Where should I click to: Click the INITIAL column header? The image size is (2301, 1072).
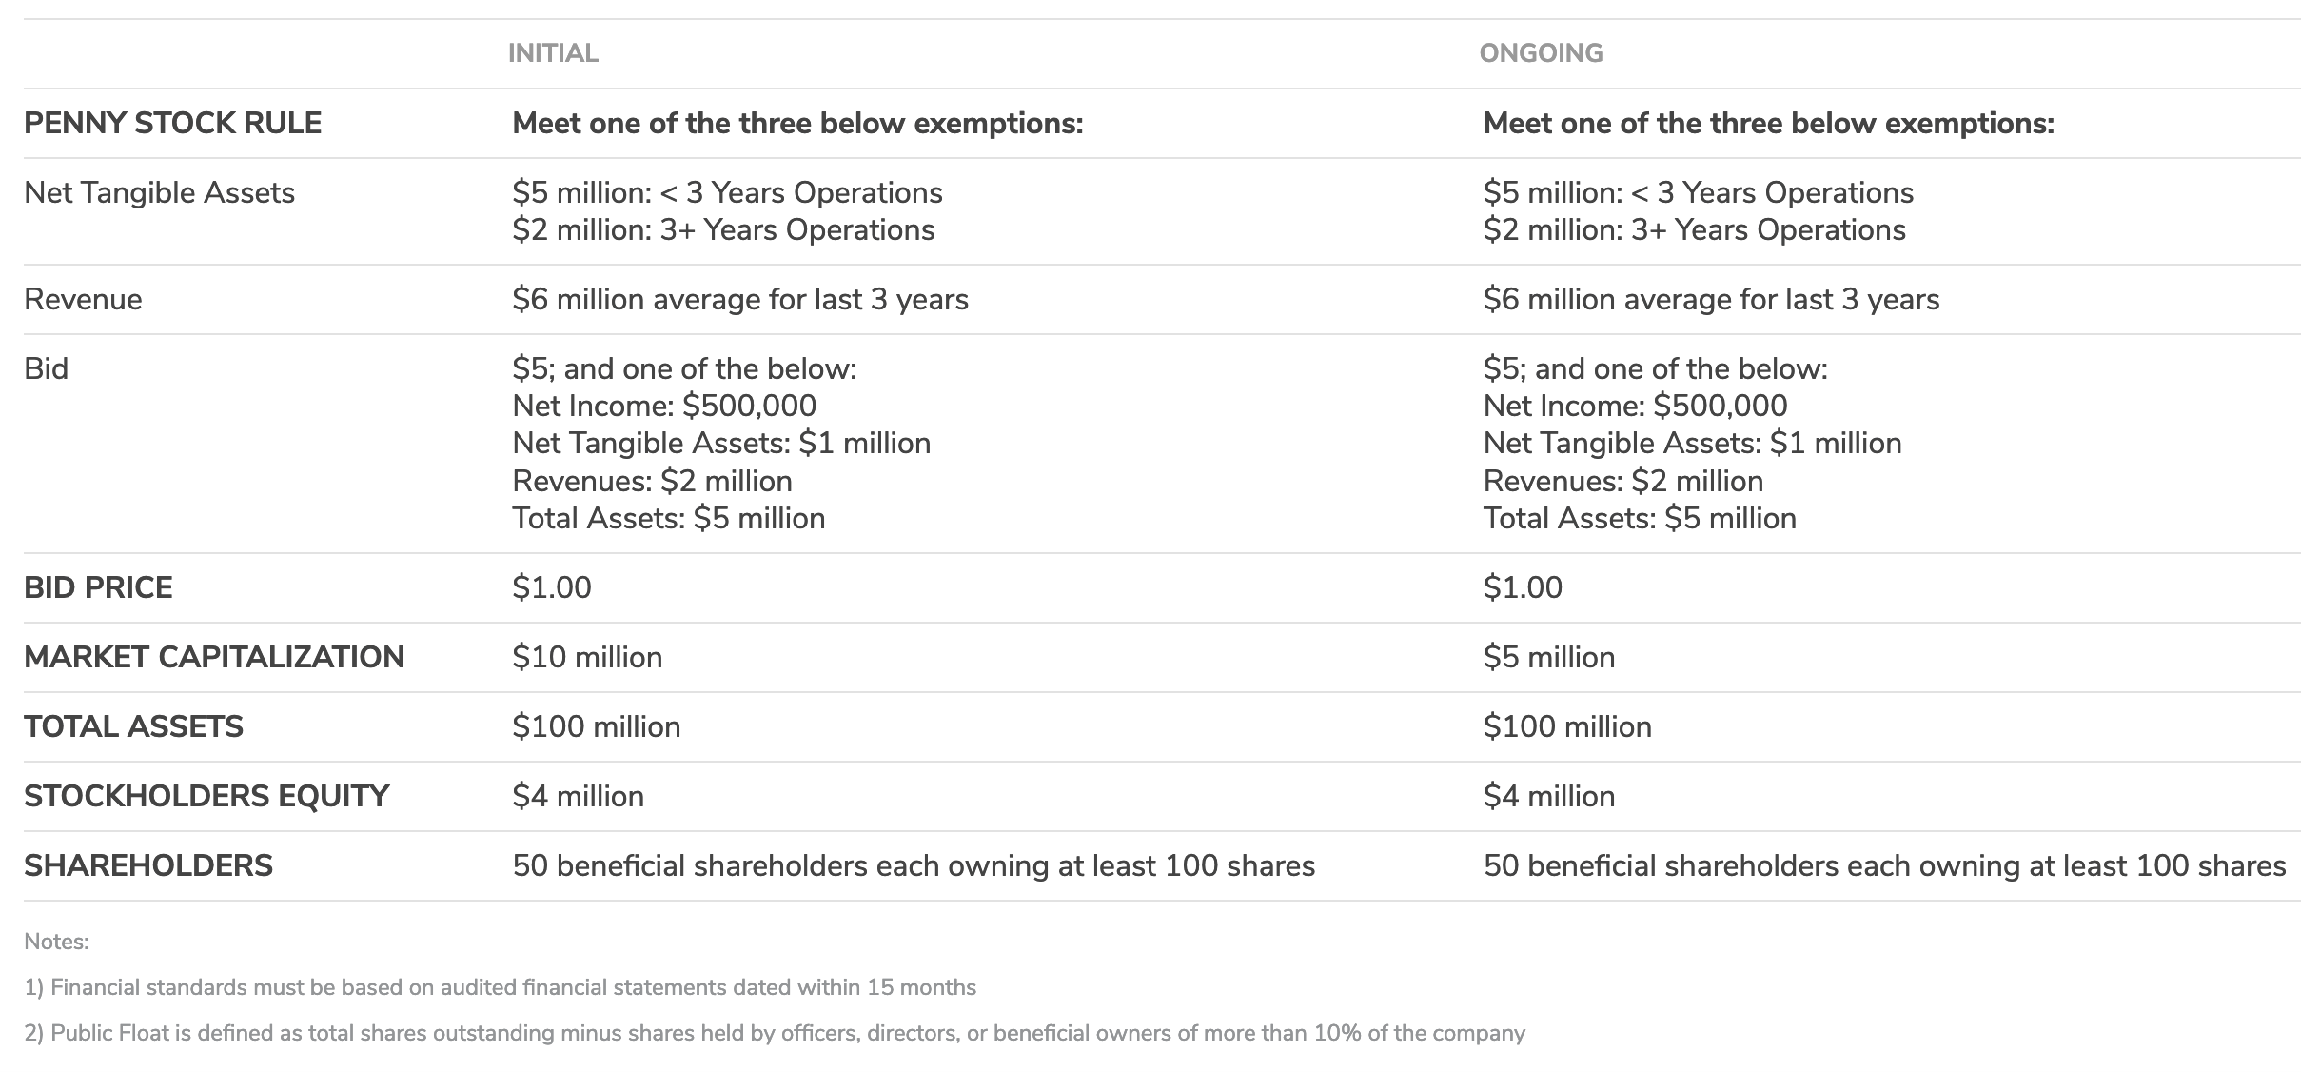point(553,53)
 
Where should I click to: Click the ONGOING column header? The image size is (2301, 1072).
point(1541,53)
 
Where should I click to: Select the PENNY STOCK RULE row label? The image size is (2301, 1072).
point(172,124)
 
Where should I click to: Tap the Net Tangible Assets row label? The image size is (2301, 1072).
point(159,193)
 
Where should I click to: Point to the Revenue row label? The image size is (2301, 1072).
point(83,300)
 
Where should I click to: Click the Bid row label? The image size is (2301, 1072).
point(46,369)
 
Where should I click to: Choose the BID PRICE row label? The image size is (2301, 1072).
point(98,588)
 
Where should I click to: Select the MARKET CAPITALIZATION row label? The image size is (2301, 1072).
point(214,658)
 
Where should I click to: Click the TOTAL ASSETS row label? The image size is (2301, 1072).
point(133,727)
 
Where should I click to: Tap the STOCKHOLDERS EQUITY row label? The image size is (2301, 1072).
point(206,797)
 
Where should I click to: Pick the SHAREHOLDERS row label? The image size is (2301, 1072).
point(148,866)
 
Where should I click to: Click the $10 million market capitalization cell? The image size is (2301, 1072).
point(587,658)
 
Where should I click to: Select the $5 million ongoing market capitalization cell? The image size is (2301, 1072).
point(1549,658)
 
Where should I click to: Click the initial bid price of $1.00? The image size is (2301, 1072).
point(552,588)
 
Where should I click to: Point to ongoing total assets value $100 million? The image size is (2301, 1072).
point(1567,727)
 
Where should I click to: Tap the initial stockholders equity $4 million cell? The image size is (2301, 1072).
point(578,797)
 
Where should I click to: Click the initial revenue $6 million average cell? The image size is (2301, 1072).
point(740,300)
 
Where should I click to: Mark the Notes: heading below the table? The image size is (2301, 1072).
point(56,943)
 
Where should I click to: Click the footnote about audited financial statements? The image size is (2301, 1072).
point(501,988)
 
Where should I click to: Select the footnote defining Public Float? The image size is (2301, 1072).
point(775,1034)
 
